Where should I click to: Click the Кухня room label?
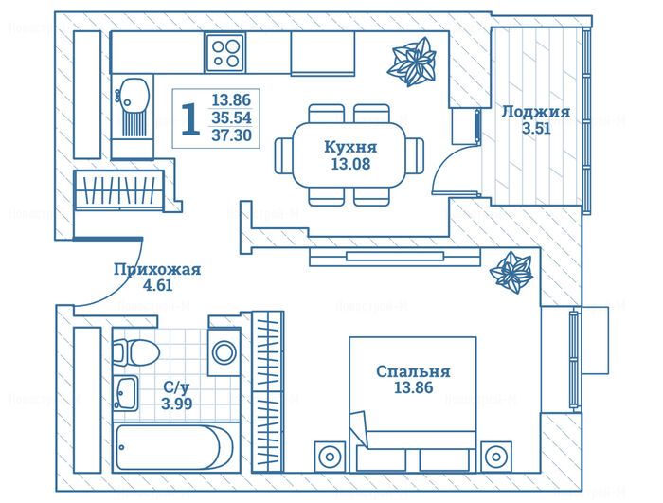[350, 147]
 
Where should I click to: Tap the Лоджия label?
[536, 112]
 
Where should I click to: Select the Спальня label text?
[413, 371]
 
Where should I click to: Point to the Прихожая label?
[157, 269]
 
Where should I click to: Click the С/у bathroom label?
[176, 386]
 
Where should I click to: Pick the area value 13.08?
[350, 163]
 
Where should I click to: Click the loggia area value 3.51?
[536, 128]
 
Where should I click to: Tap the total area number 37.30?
[231, 135]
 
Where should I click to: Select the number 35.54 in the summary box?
[231, 117]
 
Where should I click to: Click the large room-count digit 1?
[190, 119]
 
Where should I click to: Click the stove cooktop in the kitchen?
[225, 53]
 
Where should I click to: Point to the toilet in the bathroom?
[135, 352]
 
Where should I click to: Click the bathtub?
[173, 447]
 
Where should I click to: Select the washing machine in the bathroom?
[224, 351]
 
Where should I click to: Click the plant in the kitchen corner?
[411, 62]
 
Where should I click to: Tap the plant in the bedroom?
[511, 273]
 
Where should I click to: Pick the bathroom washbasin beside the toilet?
[126, 393]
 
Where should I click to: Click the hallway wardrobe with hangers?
[119, 190]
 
